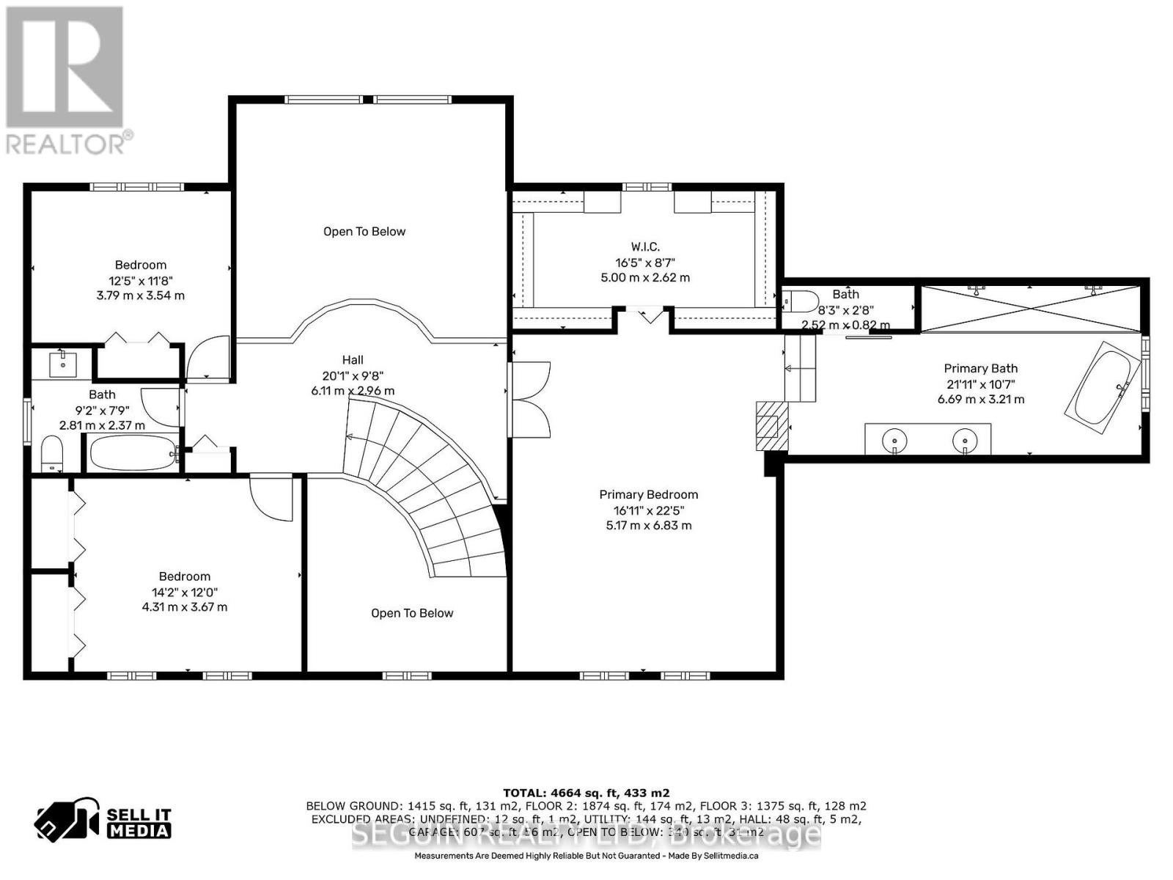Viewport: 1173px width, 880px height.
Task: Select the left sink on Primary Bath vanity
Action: tap(895, 441)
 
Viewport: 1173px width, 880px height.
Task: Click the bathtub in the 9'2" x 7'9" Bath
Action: tap(133, 453)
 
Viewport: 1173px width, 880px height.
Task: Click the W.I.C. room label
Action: tap(645, 247)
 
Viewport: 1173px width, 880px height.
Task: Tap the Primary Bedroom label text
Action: tap(648, 495)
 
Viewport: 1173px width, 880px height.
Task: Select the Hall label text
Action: tap(353, 360)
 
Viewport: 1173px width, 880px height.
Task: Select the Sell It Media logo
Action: tap(103, 822)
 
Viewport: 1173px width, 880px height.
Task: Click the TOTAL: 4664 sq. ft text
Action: tap(586, 793)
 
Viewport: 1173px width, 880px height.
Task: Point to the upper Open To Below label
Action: tap(364, 232)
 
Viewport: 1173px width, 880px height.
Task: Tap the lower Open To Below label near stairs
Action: tap(412, 613)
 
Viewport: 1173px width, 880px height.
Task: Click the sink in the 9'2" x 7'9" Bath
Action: tap(63, 362)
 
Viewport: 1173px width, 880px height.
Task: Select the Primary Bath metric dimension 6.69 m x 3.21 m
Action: tap(980, 400)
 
